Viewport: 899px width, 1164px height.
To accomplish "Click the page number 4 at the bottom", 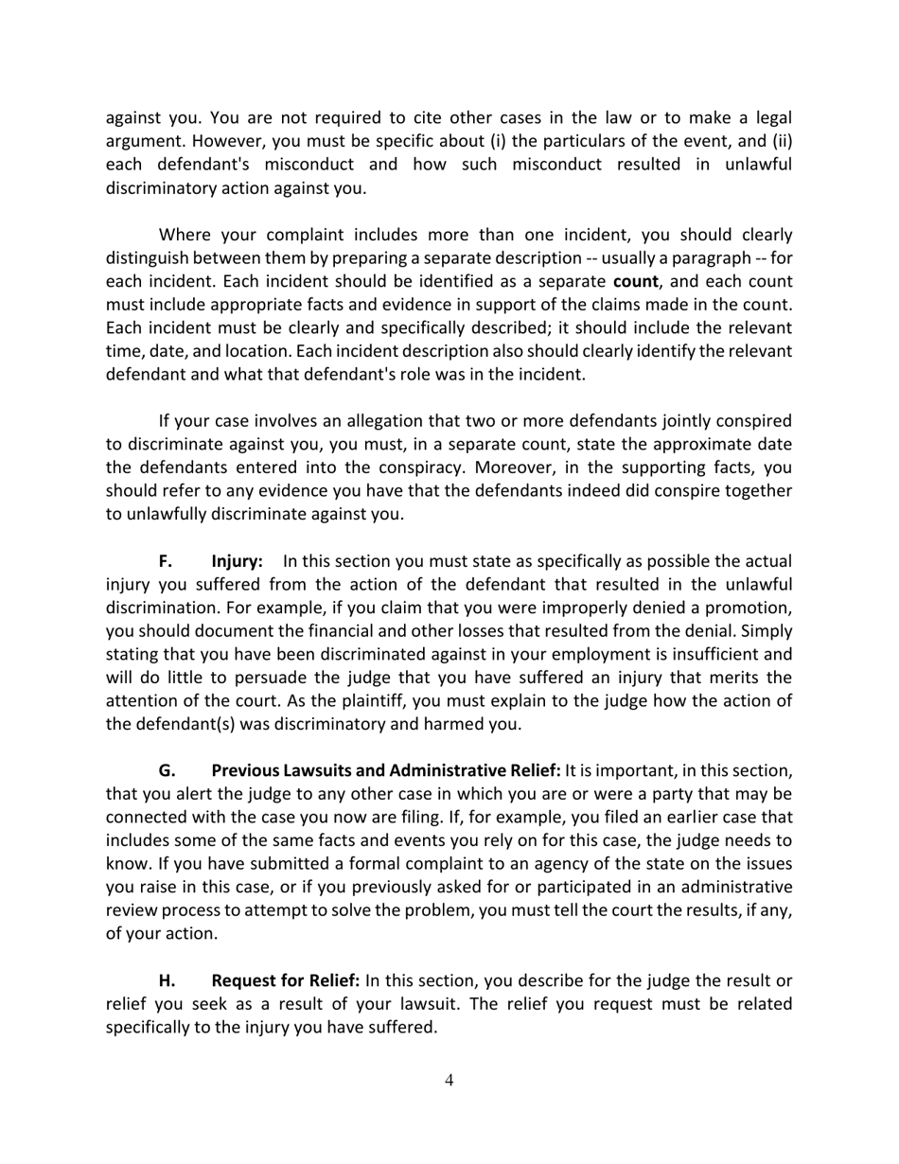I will [449, 1081].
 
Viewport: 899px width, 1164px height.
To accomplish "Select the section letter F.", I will [165, 561].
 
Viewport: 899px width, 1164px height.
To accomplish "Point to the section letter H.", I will [167, 979].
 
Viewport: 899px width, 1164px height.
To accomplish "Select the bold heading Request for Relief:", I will [286, 979].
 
